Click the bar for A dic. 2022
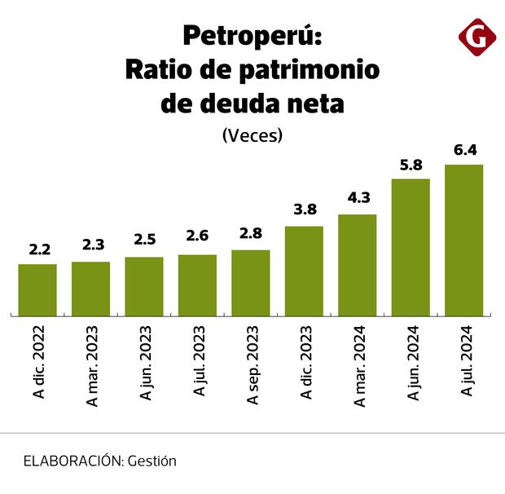click(x=37, y=289)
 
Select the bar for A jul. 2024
click(x=464, y=240)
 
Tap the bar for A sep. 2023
click(x=251, y=282)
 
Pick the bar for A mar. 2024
click(x=358, y=265)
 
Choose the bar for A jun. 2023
click(x=144, y=286)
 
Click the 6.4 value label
click(x=464, y=150)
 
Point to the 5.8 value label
click(x=411, y=164)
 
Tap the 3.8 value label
click(x=304, y=211)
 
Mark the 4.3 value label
click(x=358, y=199)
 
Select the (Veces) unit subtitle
click(x=252, y=136)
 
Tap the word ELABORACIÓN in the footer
click(x=72, y=461)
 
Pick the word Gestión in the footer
click(x=152, y=461)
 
